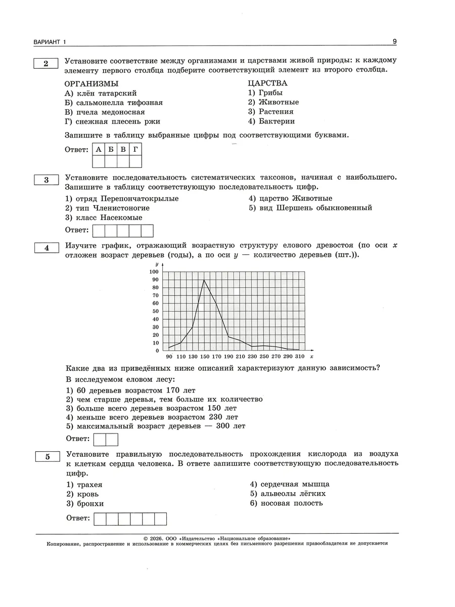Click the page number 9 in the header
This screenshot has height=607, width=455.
[395, 41]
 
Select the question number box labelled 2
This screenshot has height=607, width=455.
[46, 63]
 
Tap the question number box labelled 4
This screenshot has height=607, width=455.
[47, 247]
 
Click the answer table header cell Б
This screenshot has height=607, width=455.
[111, 149]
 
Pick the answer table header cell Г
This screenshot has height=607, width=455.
[135, 149]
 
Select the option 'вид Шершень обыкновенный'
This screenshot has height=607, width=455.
[310, 208]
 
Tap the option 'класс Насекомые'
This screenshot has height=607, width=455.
[104, 218]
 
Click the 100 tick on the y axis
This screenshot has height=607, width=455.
[154, 272]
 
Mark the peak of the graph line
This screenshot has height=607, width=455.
[204, 280]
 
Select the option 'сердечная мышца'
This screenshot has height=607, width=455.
[289, 484]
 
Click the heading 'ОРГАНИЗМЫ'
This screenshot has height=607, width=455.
[92, 83]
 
